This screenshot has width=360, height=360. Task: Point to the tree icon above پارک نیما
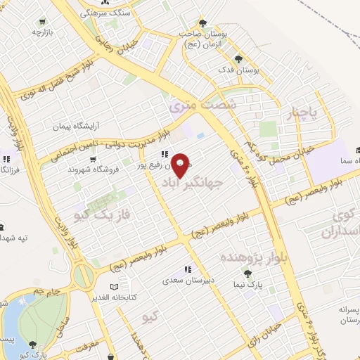(x=247, y=273)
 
